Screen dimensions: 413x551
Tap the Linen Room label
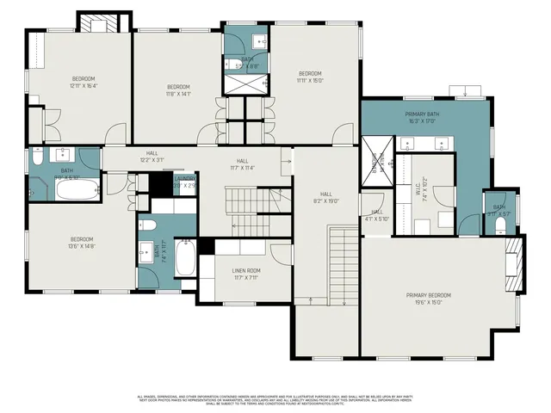(x=246, y=273)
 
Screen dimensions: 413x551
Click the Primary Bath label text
(x=423, y=117)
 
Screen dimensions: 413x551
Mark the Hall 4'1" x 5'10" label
(x=377, y=215)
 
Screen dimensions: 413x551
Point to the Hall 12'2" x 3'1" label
(x=152, y=156)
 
